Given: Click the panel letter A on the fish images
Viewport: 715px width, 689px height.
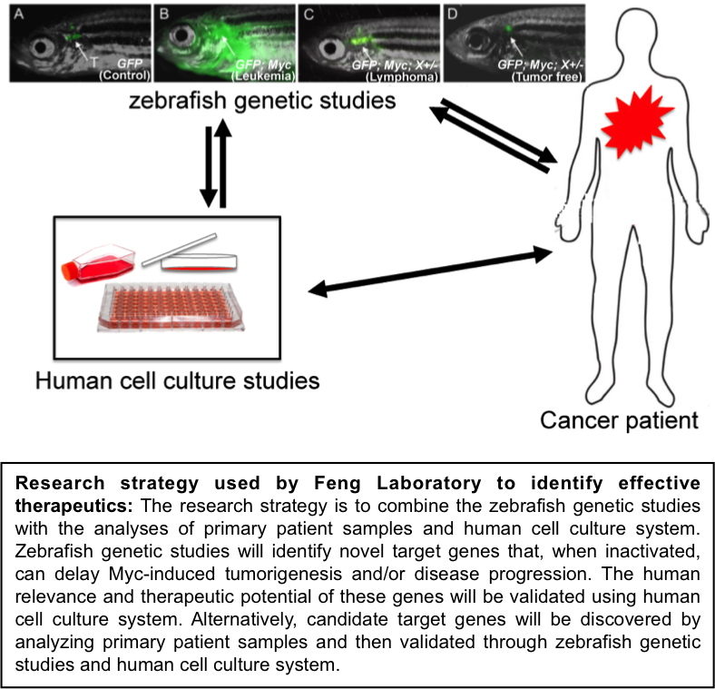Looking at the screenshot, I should click(x=14, y=14).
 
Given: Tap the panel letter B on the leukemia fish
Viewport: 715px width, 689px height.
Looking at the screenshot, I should click(x=163, y=14).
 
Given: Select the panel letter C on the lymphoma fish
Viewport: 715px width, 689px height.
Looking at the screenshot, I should click(x=309, y=14).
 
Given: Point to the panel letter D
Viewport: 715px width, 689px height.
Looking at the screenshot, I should click(x=451, y=14).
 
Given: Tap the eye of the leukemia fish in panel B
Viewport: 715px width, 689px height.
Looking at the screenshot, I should click(x=183, y=40).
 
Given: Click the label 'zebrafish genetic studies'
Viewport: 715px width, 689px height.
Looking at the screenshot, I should click(x=263, y=101).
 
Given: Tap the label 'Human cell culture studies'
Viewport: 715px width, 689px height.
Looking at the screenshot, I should click(x=178, y=379).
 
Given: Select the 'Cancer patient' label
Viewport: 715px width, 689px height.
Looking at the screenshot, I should click(x=620, y=420).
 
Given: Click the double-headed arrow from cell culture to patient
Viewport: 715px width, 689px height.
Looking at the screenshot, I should click(x=430, y=271).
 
